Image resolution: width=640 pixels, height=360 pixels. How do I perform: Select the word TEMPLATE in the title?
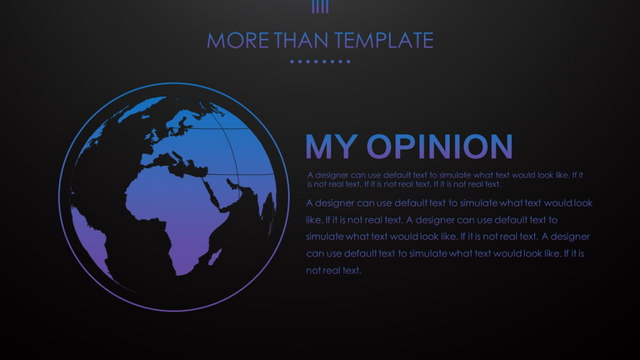click(383, 40)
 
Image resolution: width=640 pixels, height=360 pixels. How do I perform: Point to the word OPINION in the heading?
click(440, 146)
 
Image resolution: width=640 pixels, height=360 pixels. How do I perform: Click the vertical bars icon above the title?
click(320, 7)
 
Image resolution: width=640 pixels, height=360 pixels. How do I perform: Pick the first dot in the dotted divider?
click(292, 62)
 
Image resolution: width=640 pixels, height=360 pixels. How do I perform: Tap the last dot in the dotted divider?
click(348, 62)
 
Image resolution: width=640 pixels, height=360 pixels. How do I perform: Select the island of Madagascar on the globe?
click(215, 257)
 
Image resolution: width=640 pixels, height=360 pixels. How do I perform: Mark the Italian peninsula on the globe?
click(177, 157)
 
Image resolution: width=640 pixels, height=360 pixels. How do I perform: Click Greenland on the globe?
click(142, 107)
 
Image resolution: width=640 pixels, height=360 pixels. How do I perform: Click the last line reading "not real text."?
click(333, 270)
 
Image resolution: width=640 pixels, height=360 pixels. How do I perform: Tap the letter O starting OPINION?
click(380, 146)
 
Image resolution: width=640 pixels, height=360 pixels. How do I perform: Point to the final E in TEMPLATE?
click(427, 40)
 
